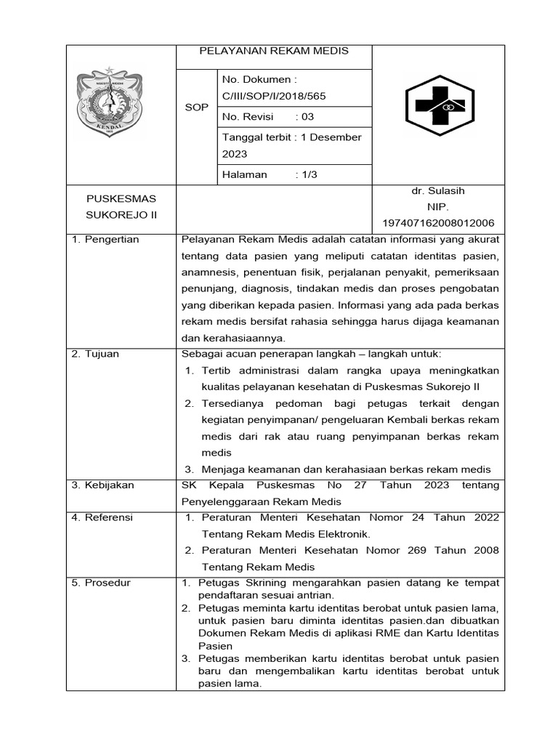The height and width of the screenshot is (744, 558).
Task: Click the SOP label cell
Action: click(196, 107)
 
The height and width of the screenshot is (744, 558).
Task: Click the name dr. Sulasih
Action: click(437, 191)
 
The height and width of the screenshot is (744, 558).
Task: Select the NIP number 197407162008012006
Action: click(438, 223)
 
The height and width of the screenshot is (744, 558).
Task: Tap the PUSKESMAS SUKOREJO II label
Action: click(121, 207)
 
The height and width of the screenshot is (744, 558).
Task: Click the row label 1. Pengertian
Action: click(105, 239)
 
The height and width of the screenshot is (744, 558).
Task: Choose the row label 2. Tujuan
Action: click(95, 354)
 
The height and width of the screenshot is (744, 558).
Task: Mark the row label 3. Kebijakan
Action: click(102, 485)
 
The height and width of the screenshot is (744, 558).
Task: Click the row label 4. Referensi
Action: click(102, 518)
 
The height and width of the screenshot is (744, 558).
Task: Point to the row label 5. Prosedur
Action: click(101, 583)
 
